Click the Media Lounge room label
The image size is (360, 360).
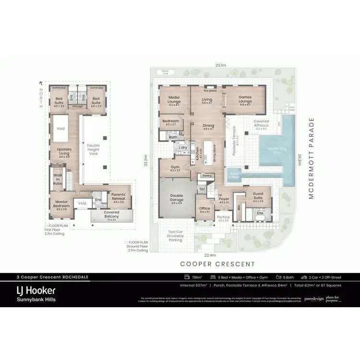[x=174, y=100]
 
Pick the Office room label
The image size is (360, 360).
[x=205, y=210]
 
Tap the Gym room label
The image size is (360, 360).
[x=175, y=168]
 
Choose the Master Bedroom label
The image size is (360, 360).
[x=62, y=204]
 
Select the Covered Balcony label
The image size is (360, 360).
[x=111, y=213]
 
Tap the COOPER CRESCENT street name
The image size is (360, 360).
[x=217, y=264]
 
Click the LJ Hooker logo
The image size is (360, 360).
[x=36, y=291]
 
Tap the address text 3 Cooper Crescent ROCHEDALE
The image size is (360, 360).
[x=53, y=277]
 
